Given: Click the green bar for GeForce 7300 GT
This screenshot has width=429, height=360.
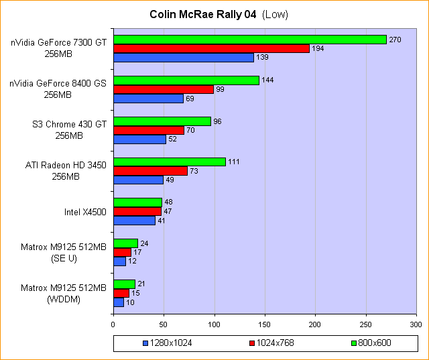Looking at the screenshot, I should pos(249,40).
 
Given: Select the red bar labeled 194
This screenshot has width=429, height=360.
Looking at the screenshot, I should pos(211,48).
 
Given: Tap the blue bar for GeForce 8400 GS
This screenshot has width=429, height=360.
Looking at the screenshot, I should pos(148,99).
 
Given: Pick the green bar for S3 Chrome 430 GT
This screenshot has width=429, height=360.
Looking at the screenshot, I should pos(162,121).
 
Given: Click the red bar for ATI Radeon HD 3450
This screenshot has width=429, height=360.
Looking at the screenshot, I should pos(150,171).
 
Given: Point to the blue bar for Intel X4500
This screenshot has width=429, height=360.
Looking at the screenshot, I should pos(134,221).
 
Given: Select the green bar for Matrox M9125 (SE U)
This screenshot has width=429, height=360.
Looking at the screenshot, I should pos(125,243).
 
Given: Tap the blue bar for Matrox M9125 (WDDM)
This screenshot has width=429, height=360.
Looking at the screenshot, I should pos(119,302).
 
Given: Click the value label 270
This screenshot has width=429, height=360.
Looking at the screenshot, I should pos(395,40).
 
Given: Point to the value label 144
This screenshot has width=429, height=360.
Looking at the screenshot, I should pos(267,80).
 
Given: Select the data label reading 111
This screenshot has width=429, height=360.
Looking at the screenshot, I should pos(234,162).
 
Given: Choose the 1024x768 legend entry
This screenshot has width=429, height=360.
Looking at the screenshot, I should pos(271,343).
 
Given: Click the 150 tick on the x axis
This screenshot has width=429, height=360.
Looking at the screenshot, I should pos(265,324).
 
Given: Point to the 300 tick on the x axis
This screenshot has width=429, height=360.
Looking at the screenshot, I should pos(416,324).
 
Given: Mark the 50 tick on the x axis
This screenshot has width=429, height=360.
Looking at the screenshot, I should pos(164,324).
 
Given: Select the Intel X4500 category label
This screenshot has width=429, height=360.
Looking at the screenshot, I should pos(85,213).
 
